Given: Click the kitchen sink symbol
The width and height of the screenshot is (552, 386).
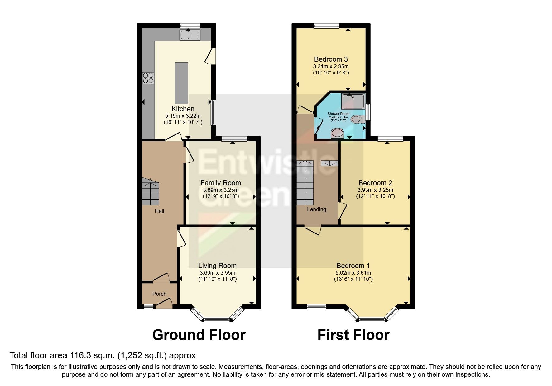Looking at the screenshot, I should pos(190,35).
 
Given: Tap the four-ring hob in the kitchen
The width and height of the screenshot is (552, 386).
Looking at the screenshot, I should pos(148,78).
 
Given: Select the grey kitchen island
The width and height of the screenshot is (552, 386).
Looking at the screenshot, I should pos(181,83).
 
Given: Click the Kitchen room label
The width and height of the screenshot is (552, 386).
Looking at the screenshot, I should pos(183,109).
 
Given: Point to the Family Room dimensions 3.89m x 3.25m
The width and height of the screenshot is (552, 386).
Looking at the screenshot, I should pos(221,190).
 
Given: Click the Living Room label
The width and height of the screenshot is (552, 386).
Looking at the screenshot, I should pos(217,266).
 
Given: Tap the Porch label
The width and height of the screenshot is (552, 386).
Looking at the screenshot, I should pos(159,294).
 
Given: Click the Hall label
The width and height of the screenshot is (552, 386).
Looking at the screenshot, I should pos(159,211).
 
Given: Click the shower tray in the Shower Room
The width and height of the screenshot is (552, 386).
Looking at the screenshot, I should pos(353,101).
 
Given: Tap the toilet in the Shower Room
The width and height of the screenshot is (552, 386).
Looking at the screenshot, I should pos(358,119).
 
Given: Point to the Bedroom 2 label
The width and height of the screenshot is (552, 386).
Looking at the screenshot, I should pos(375,183).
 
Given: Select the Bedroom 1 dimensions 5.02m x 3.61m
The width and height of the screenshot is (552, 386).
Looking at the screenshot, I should pos(353,273).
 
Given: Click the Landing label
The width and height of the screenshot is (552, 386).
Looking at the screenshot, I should pos(316,209).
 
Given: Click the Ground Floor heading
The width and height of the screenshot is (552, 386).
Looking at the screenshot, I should pos(199,335).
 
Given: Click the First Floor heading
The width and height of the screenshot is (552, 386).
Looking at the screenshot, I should pos(353,335).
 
